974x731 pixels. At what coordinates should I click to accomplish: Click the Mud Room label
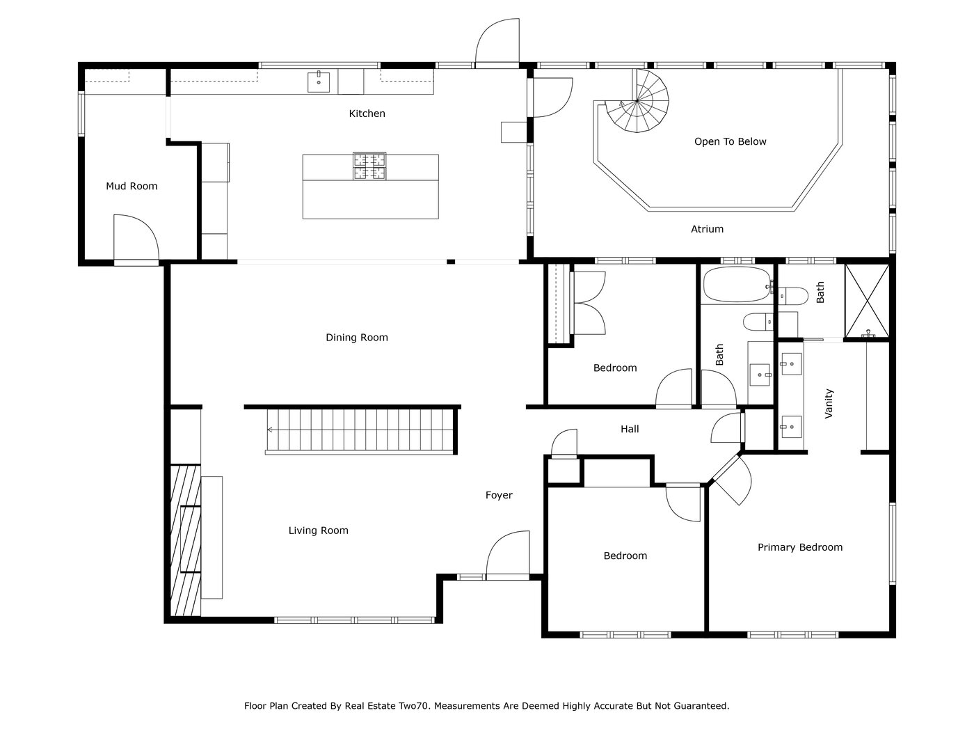coord(131,186)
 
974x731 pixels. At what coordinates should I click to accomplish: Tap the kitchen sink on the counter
coord(319,81)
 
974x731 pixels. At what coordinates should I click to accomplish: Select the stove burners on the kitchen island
coord(369,166)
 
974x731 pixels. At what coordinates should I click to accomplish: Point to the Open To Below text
coord(730,141)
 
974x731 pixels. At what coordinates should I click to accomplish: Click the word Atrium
coord(707,228)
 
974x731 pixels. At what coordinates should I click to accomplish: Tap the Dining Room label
coord(357,338)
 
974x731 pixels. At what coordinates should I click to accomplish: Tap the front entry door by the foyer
coord(508,557)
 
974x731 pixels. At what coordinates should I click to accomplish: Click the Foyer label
coord(499,495)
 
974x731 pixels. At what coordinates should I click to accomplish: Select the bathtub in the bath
coord(736,285)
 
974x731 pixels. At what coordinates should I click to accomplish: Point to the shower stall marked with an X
coord(867,301)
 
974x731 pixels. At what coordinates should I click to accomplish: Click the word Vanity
coord(829,404)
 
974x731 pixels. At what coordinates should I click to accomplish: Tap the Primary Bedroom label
coord(800,547)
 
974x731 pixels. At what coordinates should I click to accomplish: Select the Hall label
coord(630,430)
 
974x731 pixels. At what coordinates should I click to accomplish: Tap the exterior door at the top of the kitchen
coord(497,43)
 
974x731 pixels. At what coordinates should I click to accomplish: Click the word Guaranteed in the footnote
coord(700,706)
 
